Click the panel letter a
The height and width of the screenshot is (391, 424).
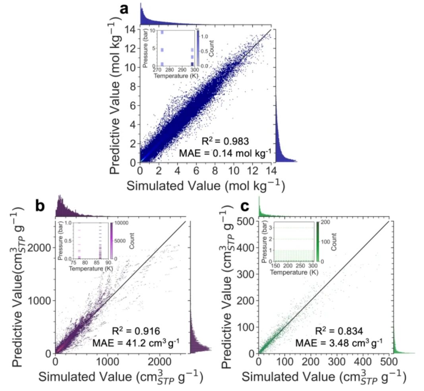(x=124, y=9)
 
